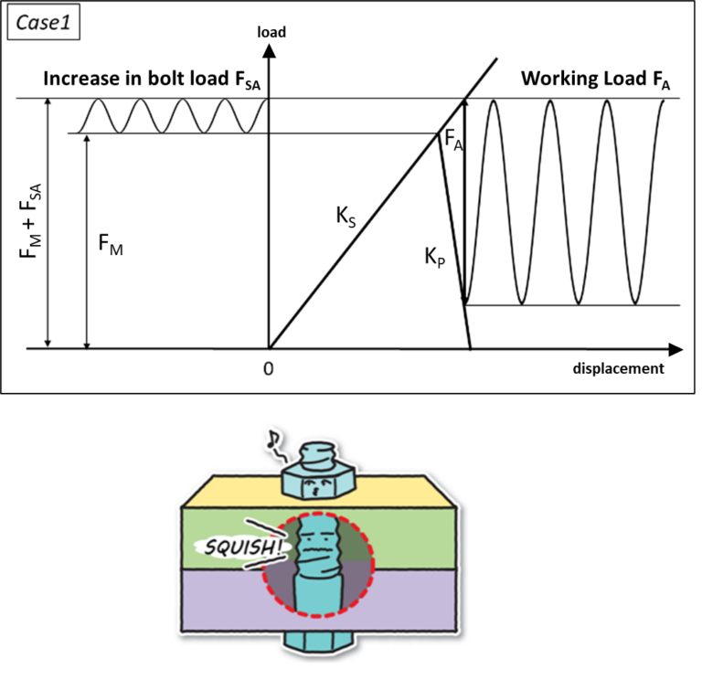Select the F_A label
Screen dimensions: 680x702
(x=452, y=142)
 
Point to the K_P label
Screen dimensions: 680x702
(x=434, y=258)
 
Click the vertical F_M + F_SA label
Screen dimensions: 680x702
(x=30, y=220)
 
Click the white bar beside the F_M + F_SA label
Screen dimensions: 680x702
(x=70, y=214)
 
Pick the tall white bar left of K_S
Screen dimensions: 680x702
(x=251, y=225)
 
